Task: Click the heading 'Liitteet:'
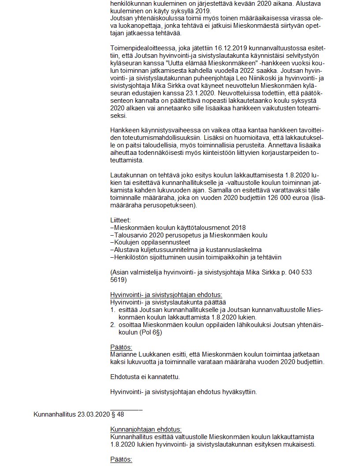pyautogui.click(x=121, y=220)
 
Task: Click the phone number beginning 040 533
pyautogui.click(x=296, y=272)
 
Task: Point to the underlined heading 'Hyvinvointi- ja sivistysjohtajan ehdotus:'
pyautogui.click(x=166, y=295)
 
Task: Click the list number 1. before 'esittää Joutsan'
pyautogui.click(x=112, y=310)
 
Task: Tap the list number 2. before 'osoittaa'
pyautogui.click(x=112, y=325)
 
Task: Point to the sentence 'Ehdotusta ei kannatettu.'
pyautogui.click(x=145, y=377)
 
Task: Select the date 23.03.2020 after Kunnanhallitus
pyautogui.click(x=94, y=414)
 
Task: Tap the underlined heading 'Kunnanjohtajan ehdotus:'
pyautogui.click(x=146, y=429)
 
